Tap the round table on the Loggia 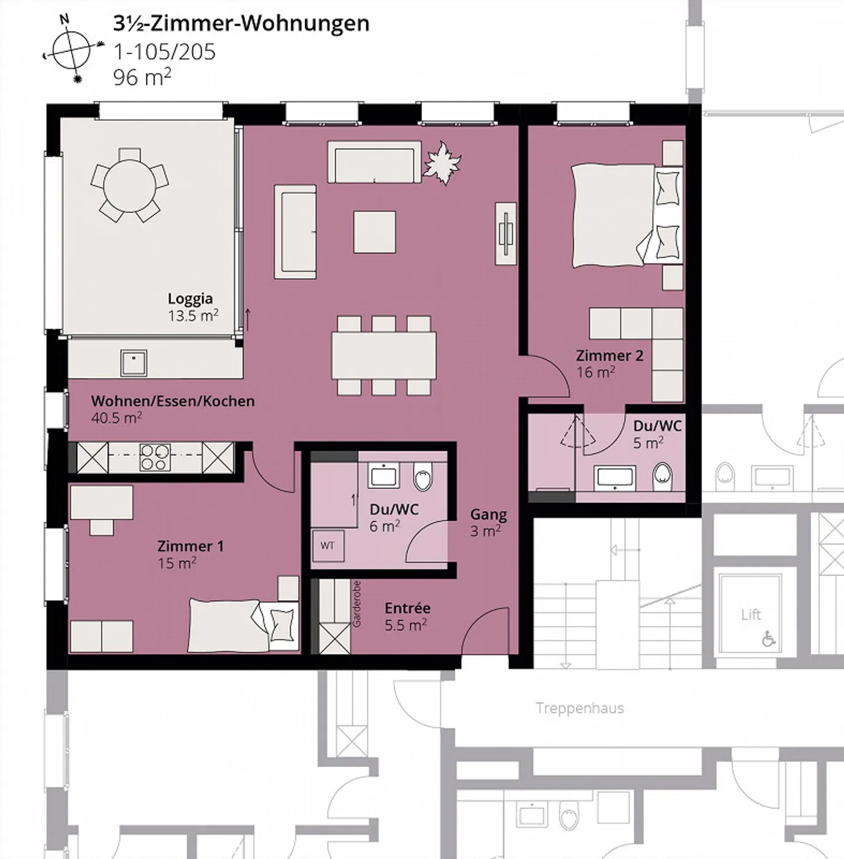[130, 185]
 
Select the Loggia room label [190, 298]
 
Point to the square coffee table [375, 232]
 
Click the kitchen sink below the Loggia [134, 363]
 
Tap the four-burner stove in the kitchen [155, 457]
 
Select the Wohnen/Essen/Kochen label [173, 401]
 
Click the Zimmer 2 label [610, 356]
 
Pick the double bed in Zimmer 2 [627, 216]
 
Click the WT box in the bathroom [328, 546]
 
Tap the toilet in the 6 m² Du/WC [423, 476]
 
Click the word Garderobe [356, 604]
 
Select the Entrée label [407, 608]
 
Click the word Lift [751, 615]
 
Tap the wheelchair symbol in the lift [769, 639]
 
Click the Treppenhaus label [580, 708]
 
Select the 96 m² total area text [142, 77]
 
